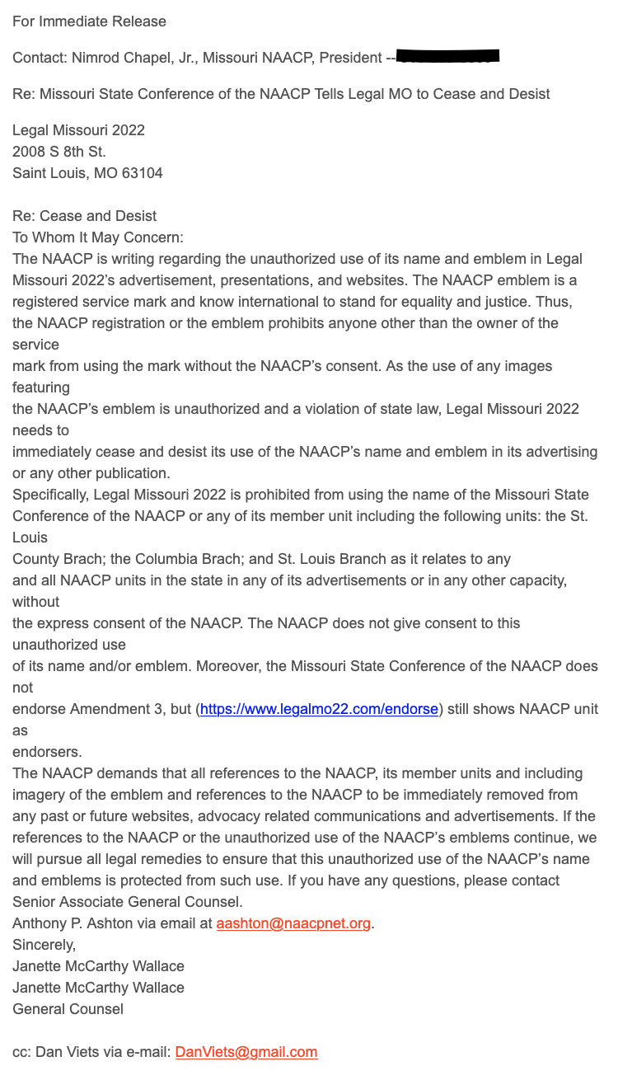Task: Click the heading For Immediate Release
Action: click(89, 21)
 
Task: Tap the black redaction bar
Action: click(448, 57)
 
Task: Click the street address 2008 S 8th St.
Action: click(59, 152)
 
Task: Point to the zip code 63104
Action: click(143, 173)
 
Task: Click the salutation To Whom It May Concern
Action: click(97, 237)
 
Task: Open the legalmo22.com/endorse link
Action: click(319, 709)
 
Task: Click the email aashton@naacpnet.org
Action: click(293, 923)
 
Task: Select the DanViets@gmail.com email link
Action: click(246, 1052)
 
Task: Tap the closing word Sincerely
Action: click(44, 945)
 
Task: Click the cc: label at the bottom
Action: click(22, 1052)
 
